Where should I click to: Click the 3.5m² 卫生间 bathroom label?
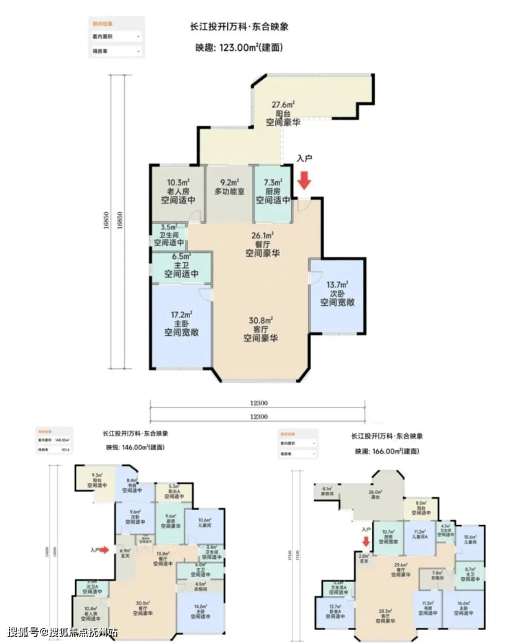click(x=168, y=234)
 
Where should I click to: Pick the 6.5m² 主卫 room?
click(x=181, y=264)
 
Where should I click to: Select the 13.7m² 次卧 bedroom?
click(x=336, y=293)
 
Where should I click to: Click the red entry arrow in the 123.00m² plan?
click(x=304, y=179)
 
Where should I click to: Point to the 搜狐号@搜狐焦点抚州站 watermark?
click(x=62, y=631)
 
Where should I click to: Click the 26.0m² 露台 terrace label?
click(x=376, y=495)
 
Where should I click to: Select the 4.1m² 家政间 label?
click(x=327, y=491)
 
